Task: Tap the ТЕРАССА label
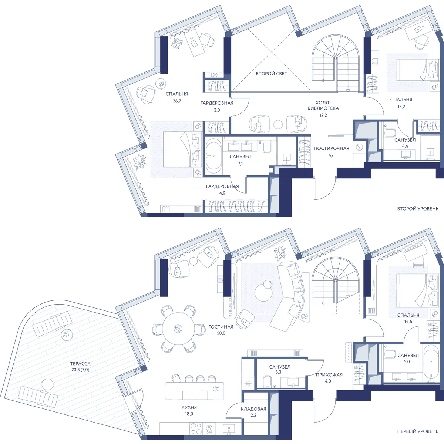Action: click(x=80, y=364)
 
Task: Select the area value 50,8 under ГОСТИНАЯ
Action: click(x=221, y=333)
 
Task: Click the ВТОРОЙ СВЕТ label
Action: click(x=272, y=74)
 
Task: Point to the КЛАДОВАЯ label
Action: click(x=253, y=409)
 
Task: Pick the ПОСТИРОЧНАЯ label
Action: click(x=332, y=148)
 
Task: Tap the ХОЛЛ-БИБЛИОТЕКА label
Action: click(x=323, y=105)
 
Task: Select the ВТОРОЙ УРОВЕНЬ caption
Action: click(x=418, y=209)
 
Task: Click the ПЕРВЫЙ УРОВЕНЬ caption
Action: click(x=418, y=431)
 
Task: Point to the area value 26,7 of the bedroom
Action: click(x=177, y=101)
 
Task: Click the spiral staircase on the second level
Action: click(x=336, y=63)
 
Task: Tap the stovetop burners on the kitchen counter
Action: click(x=196, y=428)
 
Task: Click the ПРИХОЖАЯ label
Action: click(x=329, y=375)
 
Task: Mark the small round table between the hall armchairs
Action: click(x=278, y=124)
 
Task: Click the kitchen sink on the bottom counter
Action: click(x=229, y=428)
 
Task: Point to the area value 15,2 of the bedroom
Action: click(x=401, y=107)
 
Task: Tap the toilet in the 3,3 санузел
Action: click(x=267, y=381)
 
